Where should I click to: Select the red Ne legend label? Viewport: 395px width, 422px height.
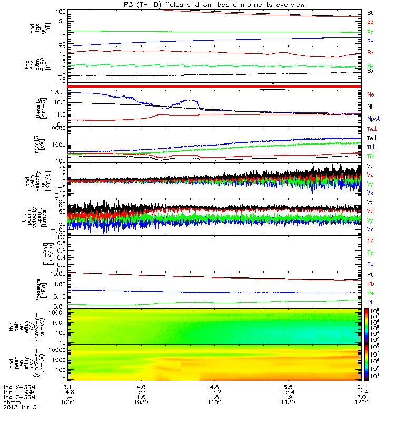pyautogui.click(x=371, y=94)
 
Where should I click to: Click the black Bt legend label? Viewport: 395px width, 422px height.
pyautogui.click(x=370, y=12)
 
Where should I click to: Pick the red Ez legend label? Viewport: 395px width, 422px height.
pyautogui.click(x=371, y=240)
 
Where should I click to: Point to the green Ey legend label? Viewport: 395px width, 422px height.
pyautogui.click(x=371, y=252)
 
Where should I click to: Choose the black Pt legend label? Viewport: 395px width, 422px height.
pyautogui.click(x=371, y=275)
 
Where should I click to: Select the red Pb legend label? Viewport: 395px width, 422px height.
pyautogui.click(x=371, y=284)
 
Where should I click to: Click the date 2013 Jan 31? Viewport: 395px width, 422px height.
pyautogui.click(x=21, y=408)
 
